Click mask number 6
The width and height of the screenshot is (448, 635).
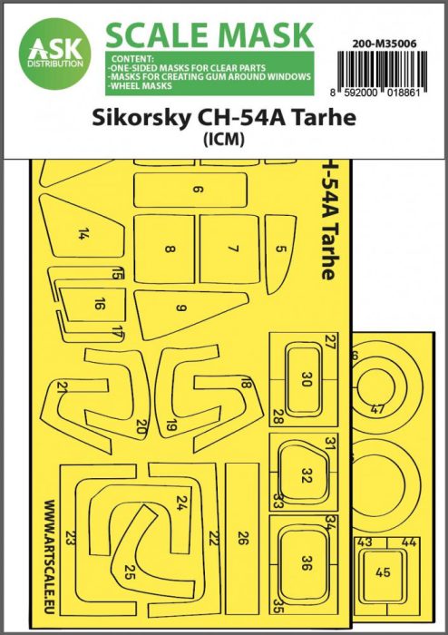click(196, 190)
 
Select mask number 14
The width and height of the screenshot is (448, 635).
click(83, 233)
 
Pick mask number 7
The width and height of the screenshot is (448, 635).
click(232, 247)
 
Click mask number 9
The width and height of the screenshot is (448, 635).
click(180, 308)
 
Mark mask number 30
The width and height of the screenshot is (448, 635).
click(305, 381)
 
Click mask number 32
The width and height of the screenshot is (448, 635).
click(307, 474)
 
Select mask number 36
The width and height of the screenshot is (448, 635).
click(307, 562)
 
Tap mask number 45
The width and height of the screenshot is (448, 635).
click(385, 572)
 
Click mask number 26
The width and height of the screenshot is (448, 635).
click(241, 537)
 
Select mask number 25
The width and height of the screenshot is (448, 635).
click(130, 572)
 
